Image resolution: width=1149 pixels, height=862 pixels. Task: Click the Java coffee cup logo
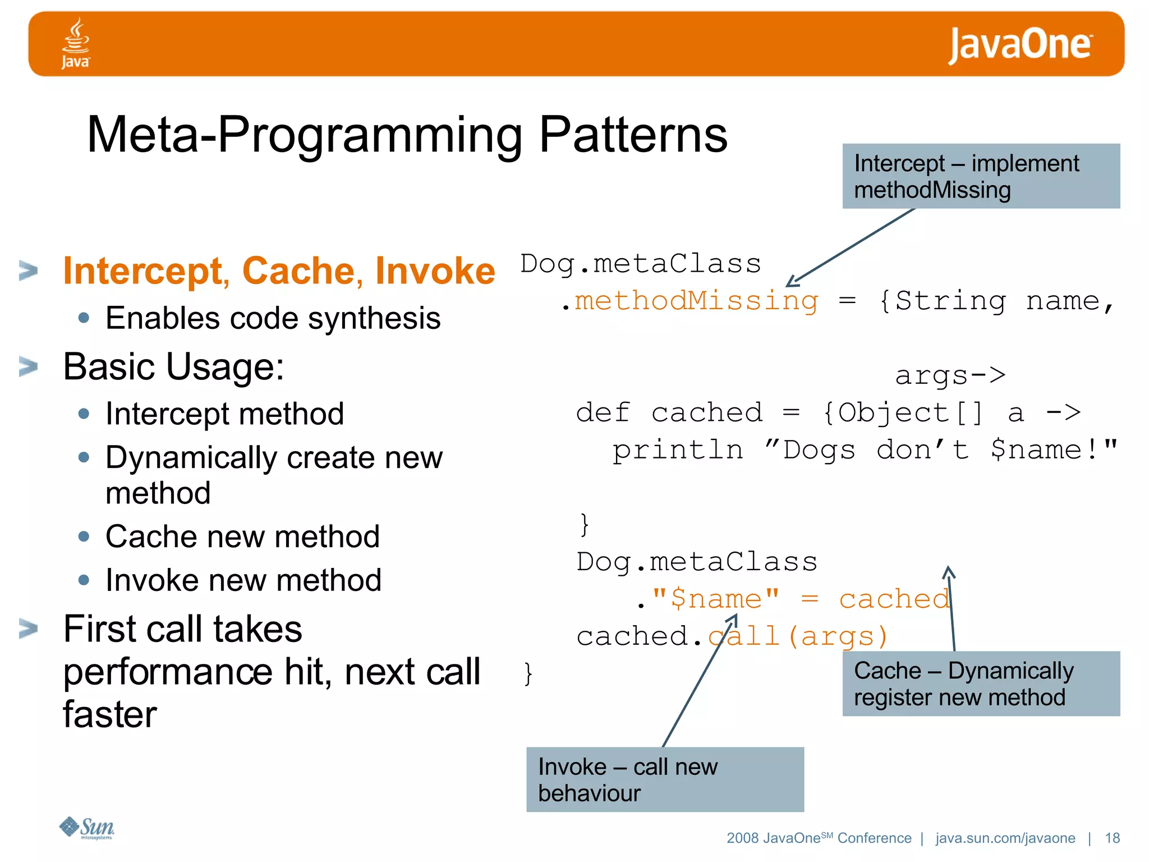coord(75,43)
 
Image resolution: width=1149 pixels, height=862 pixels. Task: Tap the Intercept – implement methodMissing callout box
coord(981,176)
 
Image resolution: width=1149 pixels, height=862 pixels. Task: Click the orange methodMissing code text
coord(696,301)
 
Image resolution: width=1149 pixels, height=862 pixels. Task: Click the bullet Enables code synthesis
coord(273,318)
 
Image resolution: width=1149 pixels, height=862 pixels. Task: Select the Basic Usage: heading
coord(174,366)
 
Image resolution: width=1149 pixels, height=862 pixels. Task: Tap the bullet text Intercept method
coord(224,414)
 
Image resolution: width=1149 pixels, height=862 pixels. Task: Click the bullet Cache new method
coord(242,537)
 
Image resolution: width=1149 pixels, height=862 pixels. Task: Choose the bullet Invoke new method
coord(243,580)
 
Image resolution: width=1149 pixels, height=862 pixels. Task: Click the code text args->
coord(950,375)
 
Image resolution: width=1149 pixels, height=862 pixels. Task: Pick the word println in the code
coord(678,450)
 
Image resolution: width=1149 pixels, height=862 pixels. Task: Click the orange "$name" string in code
coord(716,598)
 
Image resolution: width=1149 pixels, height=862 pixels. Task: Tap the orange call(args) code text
coord(799,636)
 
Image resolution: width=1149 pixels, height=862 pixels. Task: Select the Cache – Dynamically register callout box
coord(981,684)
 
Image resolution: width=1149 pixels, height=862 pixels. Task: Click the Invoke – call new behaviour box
coord(665,780)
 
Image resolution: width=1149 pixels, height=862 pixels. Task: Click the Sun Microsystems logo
coord(87,827)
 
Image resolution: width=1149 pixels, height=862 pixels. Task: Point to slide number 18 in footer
coord(1112,838)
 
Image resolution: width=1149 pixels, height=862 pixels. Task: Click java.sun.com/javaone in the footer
coord(1005,838)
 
